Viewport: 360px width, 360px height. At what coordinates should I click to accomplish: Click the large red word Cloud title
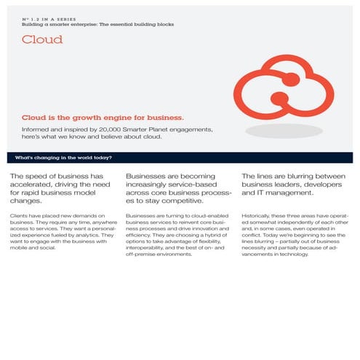[x=42, y=40]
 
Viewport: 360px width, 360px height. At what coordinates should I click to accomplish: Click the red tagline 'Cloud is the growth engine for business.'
[x=103, y=116]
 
